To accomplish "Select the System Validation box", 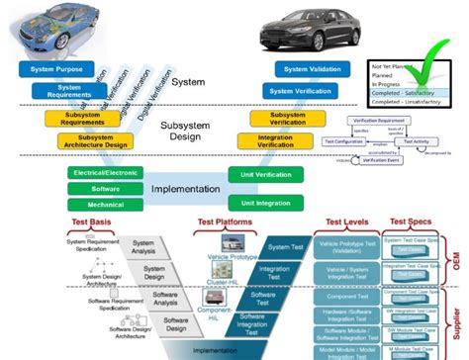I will (x=310, y=69).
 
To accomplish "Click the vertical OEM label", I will (x=459, y=260).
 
